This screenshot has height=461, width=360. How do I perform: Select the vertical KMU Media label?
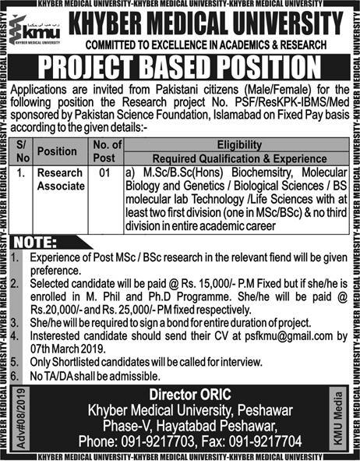click(x=341, y=416)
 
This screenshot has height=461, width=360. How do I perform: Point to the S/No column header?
click(x=22, y=151)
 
